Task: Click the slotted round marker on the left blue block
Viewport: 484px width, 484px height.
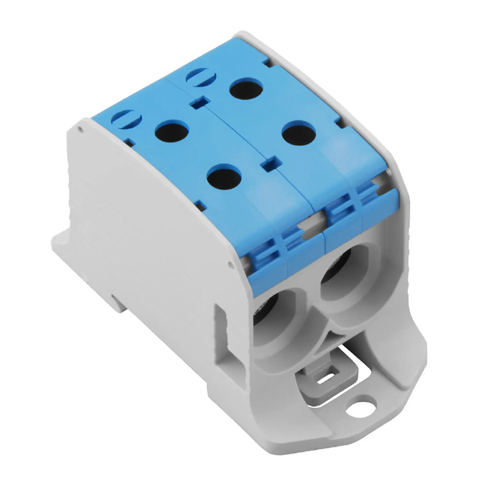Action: (x=127, y=120)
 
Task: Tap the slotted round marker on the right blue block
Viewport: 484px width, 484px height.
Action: (x=201, y=77)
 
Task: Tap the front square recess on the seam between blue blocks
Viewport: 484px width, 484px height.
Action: (x=271, y=164)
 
